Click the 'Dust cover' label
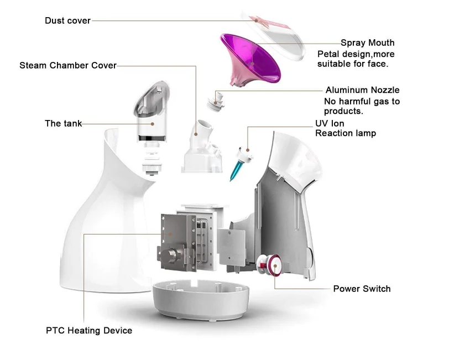pyautogui.click(x=67, y=21)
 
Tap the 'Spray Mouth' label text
pyautogui.click(x=367, y=43)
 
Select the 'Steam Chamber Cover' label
pyautogui.click(x=68, y=66)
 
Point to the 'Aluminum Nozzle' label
pyautogui.click(x=362, y=90)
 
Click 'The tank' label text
pyautogui.click(x=63, y=123)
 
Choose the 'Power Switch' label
pyautogui.click(x=362, y=289)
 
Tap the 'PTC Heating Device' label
pyautogui.click(x=89, y=331)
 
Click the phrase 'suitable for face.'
pyautogui.click(x=352, y=64)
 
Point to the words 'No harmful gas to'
pyautogui.click(x=361, y=101)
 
